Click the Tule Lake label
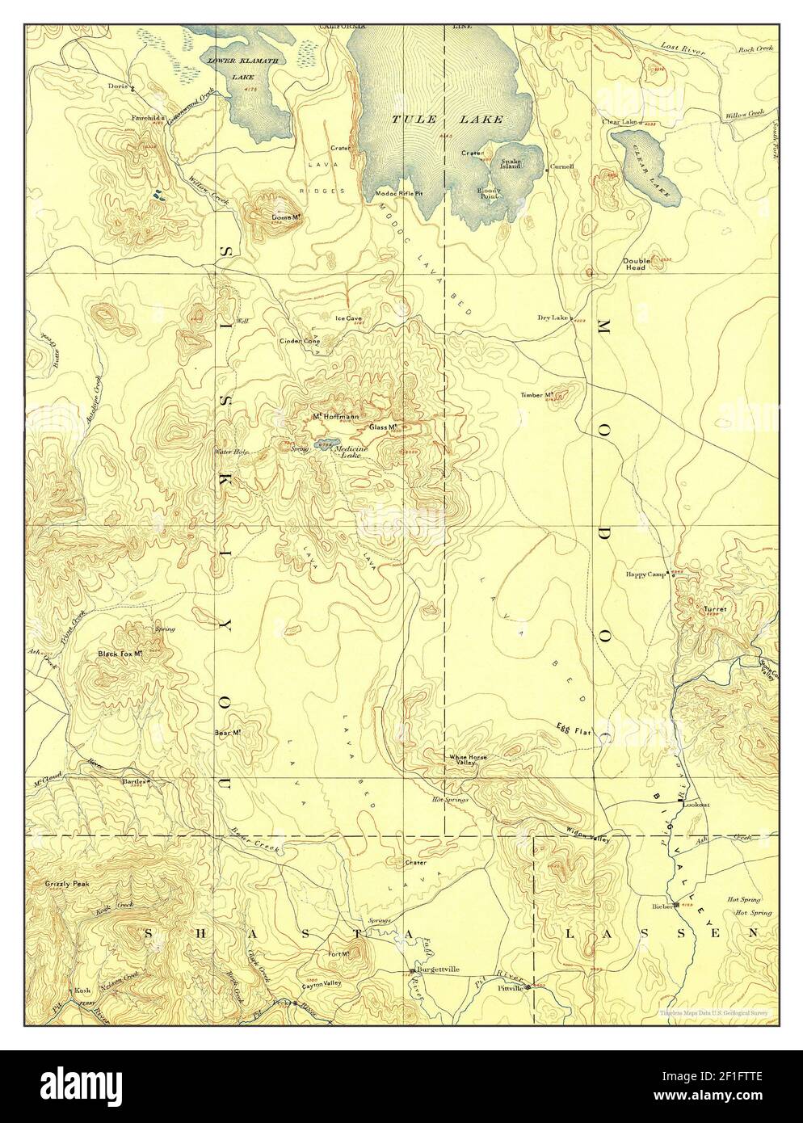click(x=448, y=120)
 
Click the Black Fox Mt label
click(x=120, y=653)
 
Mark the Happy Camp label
click(x=646, y=574)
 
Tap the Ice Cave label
click(x=348, y=318)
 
